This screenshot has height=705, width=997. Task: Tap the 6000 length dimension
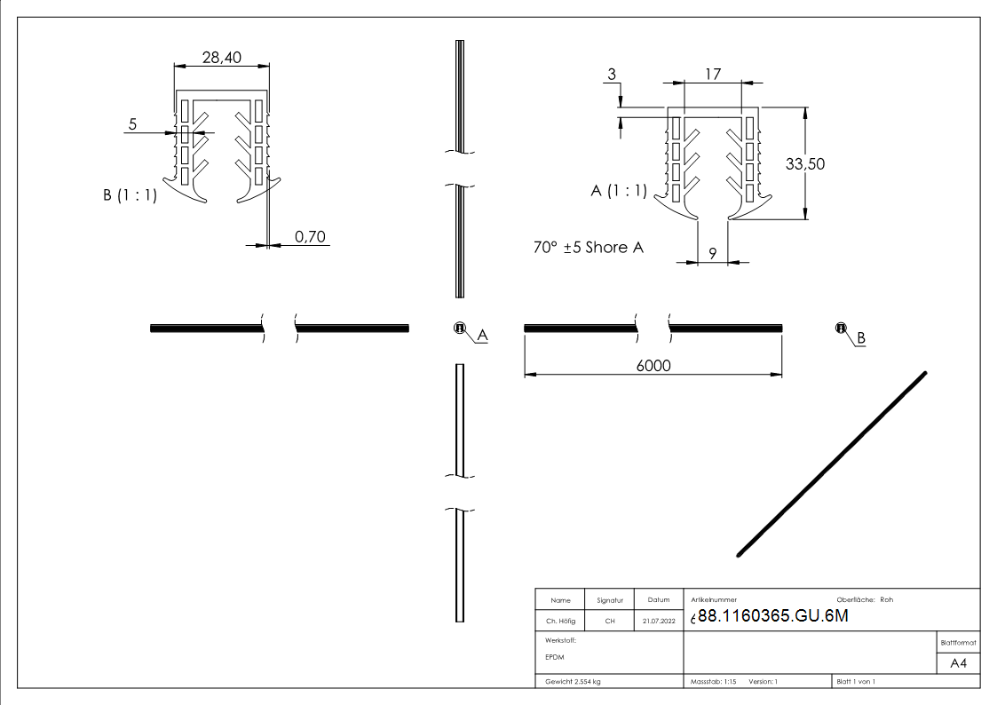[653, 366]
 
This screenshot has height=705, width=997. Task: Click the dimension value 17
[712, 75]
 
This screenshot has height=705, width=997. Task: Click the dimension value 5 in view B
[133, 124]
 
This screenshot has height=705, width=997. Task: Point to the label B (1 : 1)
[130, 196]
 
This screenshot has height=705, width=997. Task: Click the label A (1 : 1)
[619, 191]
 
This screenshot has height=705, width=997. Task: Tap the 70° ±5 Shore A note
[588, 248]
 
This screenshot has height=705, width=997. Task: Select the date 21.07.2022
[658, 622]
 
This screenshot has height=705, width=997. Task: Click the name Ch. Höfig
[559, 622]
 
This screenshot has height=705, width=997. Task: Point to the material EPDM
[556, 657]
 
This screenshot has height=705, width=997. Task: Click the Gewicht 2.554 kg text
[574, 681]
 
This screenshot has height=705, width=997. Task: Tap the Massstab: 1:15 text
[714, 681]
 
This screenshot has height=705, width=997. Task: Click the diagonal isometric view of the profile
[832, 464]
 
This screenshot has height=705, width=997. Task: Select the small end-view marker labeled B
[840, 329]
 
